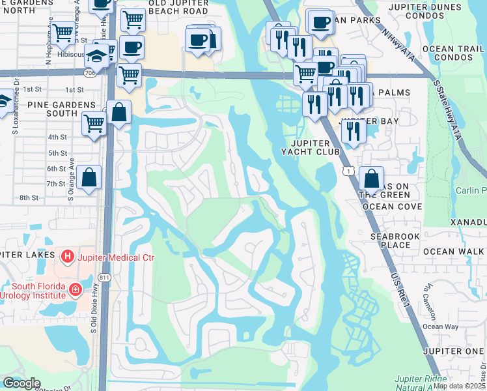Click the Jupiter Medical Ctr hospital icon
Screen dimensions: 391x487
[66, 257]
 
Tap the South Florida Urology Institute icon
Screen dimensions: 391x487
[76, 289]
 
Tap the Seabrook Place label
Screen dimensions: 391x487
[391, 240]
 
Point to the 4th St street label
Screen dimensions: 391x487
[57, 137]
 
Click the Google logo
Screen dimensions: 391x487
[21, 383]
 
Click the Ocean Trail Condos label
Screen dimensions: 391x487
[453, 54]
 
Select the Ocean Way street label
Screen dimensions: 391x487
[440, 326]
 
